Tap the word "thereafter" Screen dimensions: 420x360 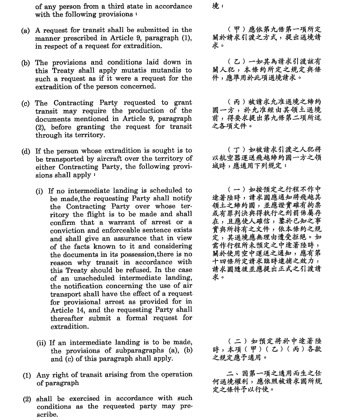coord(67,318)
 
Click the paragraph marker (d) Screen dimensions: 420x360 coord(26,151)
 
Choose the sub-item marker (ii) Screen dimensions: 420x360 coord(41,343)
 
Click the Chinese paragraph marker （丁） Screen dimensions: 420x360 coord(236,150)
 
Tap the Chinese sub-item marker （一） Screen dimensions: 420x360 coord(236,189)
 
